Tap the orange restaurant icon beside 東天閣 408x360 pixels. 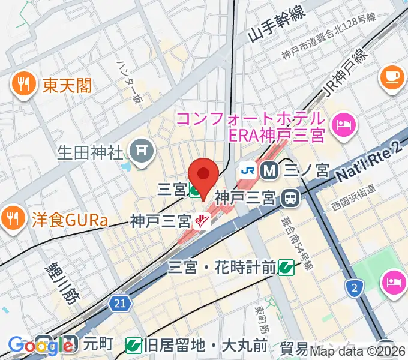coord(23,85)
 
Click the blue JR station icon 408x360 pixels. coord(247,170)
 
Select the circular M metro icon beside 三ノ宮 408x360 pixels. coord(271,170)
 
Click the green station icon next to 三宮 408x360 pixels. coord(196,191)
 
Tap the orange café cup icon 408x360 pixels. coord(392,75)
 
